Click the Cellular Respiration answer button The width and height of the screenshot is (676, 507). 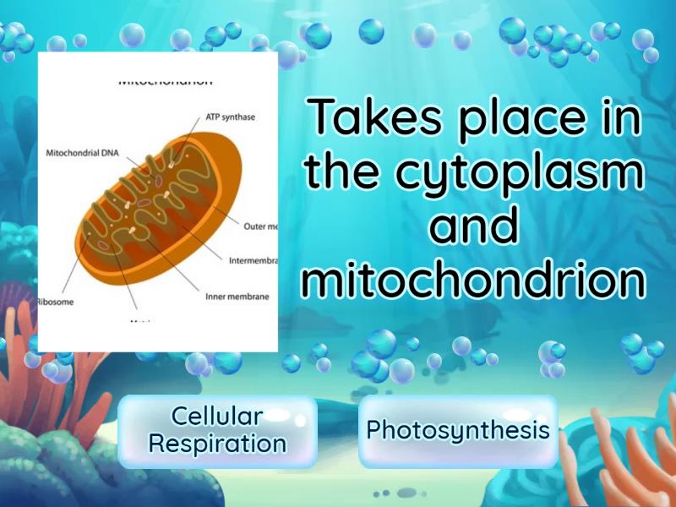(x=217, y=431)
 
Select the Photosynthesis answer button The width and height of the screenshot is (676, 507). (x=457, y=431)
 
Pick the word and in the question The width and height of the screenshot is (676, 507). (x=474, y=226)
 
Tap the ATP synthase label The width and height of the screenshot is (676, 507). (x=230, y=117)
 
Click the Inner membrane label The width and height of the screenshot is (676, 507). (x=237, y=297)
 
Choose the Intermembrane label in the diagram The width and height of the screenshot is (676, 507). (x=253, y=260)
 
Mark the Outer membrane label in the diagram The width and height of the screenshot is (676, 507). (x=260, y=226)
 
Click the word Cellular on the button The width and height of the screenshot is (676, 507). (x=217, y=417)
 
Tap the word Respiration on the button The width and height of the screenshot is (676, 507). (x=217, y=444)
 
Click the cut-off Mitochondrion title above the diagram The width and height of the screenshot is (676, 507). (x=165, y=83)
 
